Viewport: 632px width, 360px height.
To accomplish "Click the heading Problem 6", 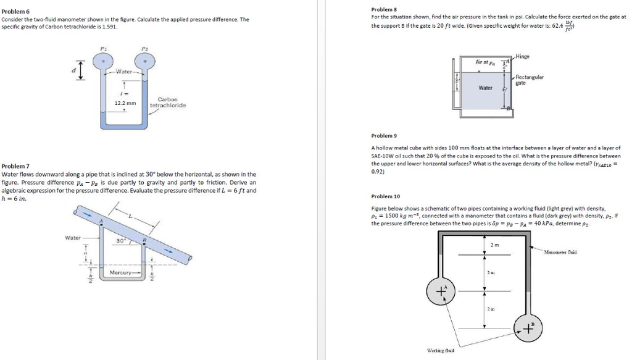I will point(15,12).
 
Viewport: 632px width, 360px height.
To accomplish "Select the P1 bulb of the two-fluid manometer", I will point(102,61).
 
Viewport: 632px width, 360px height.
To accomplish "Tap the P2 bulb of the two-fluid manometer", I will point(145,61).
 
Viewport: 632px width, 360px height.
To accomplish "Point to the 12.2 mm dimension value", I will point(125,103).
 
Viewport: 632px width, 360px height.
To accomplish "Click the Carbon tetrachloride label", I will point(168,102).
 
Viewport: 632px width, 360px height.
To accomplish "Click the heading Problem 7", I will point(15,166).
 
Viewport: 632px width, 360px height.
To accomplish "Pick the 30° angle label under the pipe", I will point(121,240).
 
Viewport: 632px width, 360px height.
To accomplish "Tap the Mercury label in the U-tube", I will point(121,272).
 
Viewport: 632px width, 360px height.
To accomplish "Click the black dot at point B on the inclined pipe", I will point(143,243).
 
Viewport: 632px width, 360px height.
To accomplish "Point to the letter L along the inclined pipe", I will point(131,217).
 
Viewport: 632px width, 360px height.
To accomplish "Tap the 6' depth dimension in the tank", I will point(504,90).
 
